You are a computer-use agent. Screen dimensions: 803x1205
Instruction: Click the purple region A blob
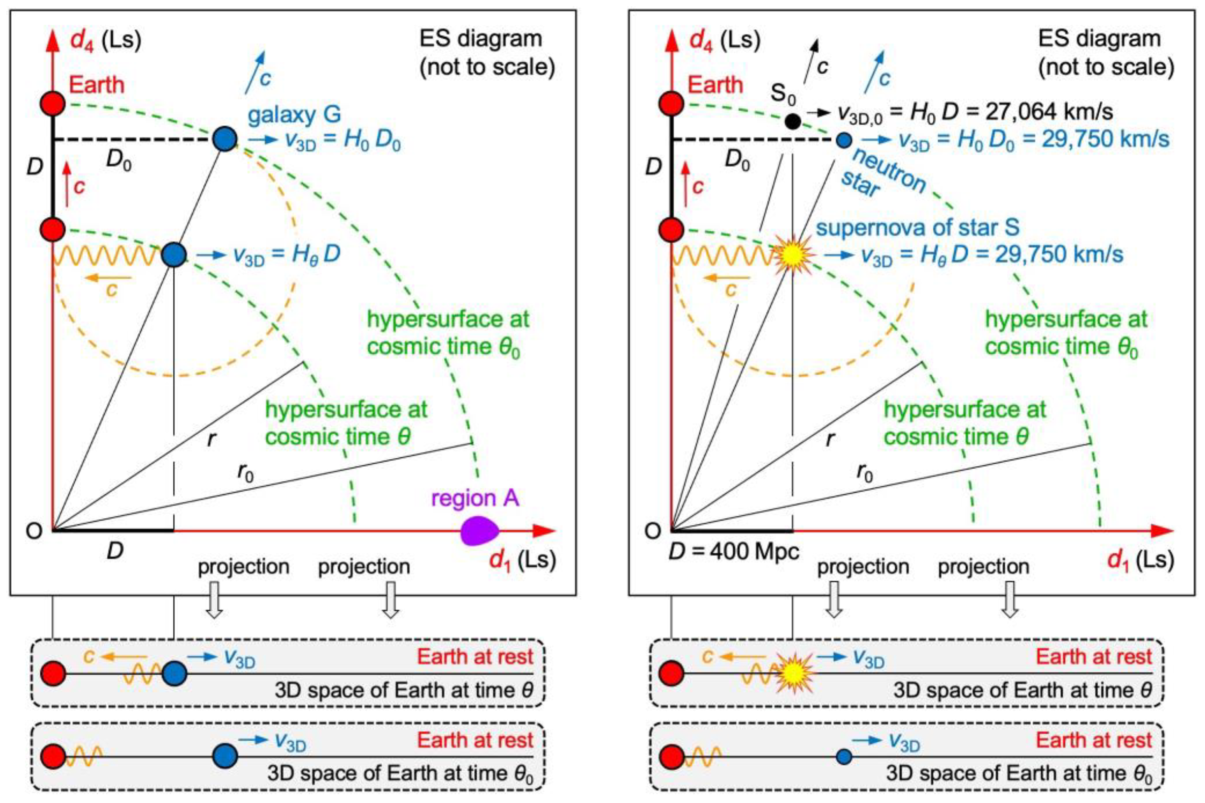pyautogui.click(x=479, y=531)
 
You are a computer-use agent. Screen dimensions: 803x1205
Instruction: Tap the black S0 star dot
pyautogui.click(x=792, y=121)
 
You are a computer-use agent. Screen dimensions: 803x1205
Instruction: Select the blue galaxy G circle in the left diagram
pyautogui.click(x=225, y=139)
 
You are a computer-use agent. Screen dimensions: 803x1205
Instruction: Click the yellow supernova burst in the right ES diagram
pyautogui.click(x=792, y=255)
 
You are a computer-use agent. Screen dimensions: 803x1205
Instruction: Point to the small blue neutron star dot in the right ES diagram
pyautogui.click(x=844, y=140)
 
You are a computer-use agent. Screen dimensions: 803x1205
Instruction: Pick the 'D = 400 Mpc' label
pyautogui.click(x=734, y=552)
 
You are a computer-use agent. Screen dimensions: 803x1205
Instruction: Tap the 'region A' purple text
pyautogui.click(x=475, y=498)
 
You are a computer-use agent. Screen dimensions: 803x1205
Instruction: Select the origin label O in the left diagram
pyautogui.click(x=34, y=531)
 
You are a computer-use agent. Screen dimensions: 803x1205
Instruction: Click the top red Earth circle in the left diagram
pyautogui.click(x=53, y=103)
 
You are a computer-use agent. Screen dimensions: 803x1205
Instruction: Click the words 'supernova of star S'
pyautogui.click(x=917, y=228)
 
